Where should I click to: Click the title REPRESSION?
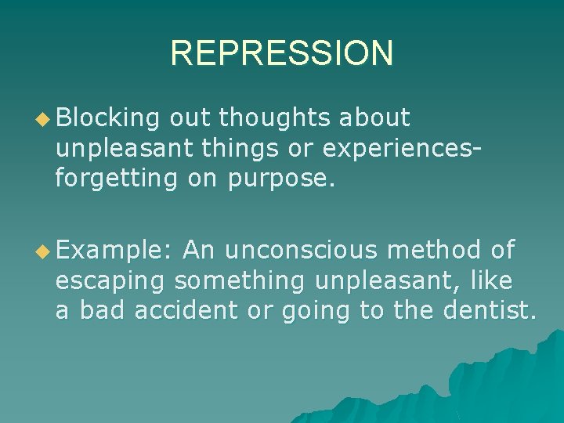[x=281, y=53]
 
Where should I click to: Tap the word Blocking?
[x=107, y=117]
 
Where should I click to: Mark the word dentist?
[x=489, y=311]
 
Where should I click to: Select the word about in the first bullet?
[x=375, y=117]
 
